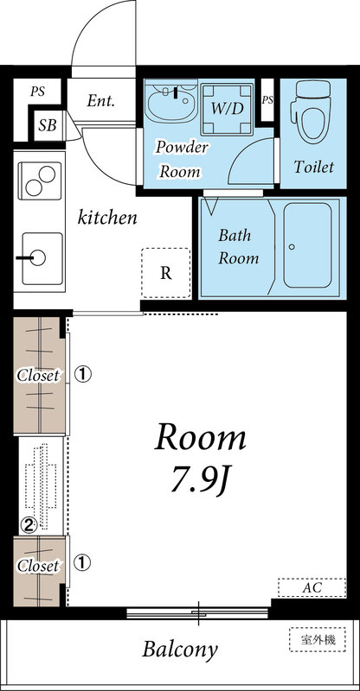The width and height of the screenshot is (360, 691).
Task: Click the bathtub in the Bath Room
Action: point(307,245)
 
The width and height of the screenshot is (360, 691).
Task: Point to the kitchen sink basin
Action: point(42,258)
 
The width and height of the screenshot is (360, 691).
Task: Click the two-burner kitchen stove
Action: point(39,181)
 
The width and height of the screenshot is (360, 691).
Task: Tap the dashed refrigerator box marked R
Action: point(166,273)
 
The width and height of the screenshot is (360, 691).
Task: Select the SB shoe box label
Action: point(48,125)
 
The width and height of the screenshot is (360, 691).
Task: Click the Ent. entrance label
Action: point(100,101)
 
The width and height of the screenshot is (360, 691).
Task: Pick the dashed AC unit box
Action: point(312,587)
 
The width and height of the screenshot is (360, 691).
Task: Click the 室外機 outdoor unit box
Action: point(318,639)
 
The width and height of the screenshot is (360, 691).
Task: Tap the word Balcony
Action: point(180,650)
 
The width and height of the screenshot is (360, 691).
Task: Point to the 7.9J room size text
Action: point(200,482)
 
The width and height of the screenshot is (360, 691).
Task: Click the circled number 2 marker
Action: point(29,524)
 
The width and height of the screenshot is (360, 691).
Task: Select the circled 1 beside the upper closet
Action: point(82,375)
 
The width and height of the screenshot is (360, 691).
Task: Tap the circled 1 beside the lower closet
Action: point(82,563)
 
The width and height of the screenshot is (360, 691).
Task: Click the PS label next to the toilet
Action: point(267,100)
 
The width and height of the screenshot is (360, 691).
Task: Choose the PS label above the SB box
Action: point(38,92)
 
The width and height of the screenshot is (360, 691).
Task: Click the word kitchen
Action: point(107,218)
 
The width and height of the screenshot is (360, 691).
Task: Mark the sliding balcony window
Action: point(198,612)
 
